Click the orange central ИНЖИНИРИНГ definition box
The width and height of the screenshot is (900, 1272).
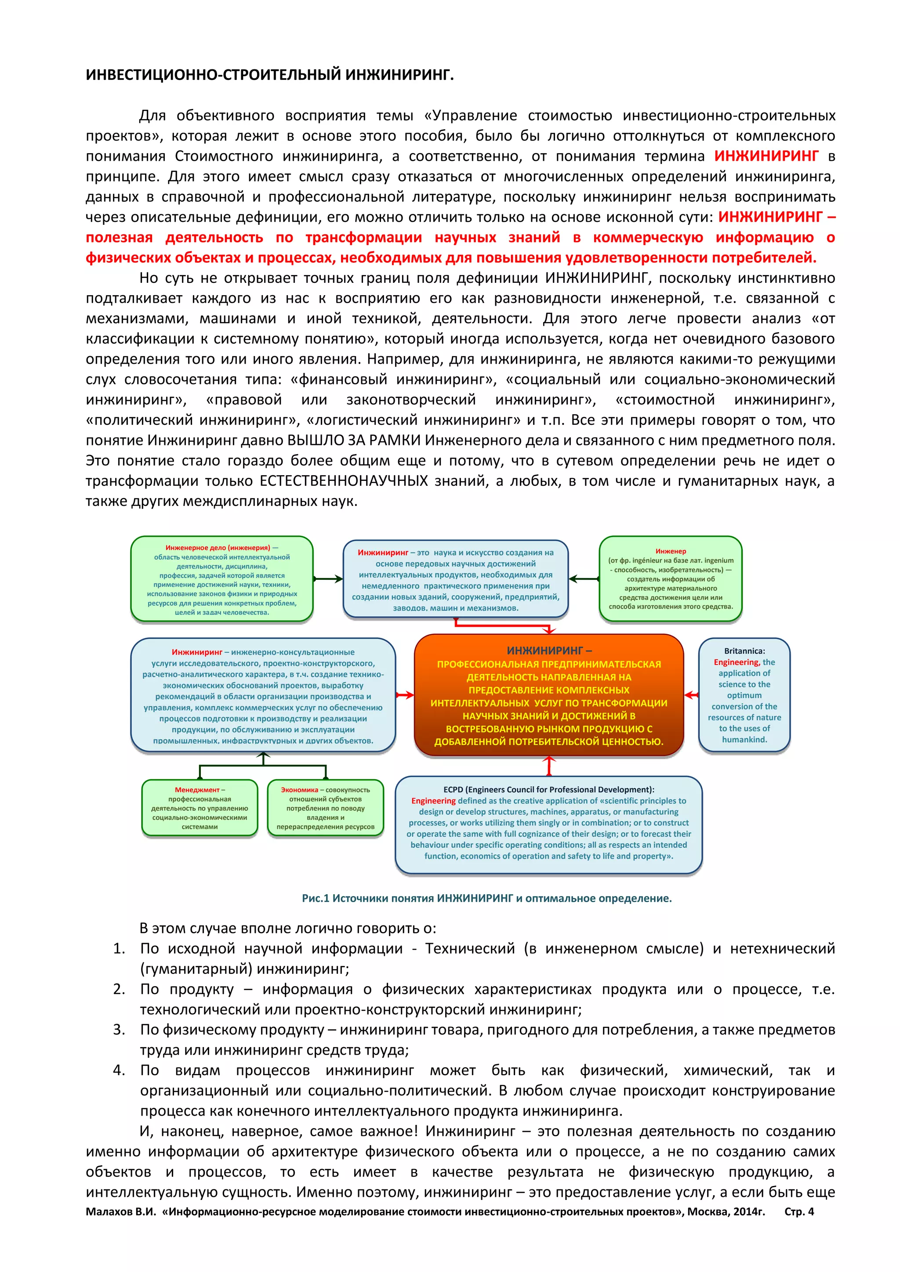pos(548,695)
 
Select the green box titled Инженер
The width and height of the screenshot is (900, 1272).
pos(671,578)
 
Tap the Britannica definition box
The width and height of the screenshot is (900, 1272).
pos(744,695)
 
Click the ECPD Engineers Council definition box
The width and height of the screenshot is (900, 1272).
pos(548,824)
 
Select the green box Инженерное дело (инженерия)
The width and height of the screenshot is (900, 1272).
pos(221,579)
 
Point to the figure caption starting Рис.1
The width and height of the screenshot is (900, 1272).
pos(486,898)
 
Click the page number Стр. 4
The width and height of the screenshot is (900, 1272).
pos(798,1212)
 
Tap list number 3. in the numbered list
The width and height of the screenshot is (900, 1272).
pos(119,1030)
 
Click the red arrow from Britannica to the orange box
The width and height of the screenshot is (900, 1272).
pos(691,695)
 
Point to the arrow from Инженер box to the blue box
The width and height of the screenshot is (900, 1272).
pos(584,579)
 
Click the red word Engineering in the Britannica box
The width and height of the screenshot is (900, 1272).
pos(736,662)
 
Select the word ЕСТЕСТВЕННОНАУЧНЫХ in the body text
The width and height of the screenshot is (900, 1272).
pos(344,481)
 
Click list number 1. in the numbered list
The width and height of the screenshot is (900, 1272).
pos(119,948)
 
